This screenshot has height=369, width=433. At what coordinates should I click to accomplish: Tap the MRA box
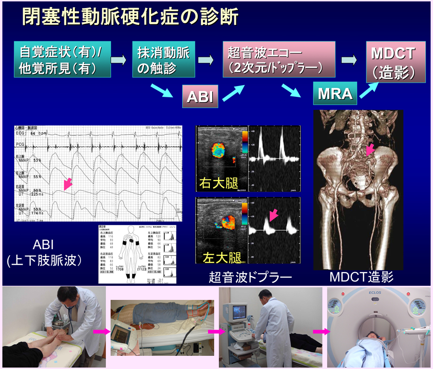click(335, 94)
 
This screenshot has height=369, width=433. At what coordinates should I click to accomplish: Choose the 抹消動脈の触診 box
click(163, 60)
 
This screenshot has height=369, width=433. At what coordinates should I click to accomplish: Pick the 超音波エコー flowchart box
click(279, 59)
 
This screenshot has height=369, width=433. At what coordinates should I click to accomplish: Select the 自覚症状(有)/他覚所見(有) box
click(62, 60)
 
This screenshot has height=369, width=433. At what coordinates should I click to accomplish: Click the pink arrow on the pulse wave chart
click(68, 184)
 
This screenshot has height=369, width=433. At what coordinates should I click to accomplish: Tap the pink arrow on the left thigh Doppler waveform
click(273, 215)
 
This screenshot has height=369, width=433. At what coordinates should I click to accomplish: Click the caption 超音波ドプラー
click(251, 277)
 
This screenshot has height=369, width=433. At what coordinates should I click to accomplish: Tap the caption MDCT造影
click(361, 277)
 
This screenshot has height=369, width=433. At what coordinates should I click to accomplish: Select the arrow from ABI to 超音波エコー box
click(233, 93)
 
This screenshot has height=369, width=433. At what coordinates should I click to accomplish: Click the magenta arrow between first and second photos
click(100, 332)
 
